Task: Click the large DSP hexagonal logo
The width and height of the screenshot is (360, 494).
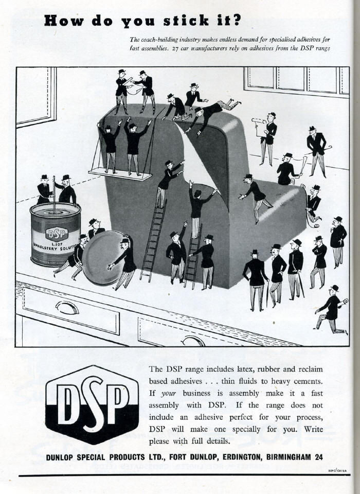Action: click(x=92, y=404)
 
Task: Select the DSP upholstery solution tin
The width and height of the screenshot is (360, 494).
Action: click(x=55, y=235)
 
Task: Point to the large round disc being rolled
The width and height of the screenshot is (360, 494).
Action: click(x=103, y=257)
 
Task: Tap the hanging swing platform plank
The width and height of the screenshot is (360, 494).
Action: click(x=120, y=175)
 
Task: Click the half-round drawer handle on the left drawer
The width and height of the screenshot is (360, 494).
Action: click(x=67, y=307)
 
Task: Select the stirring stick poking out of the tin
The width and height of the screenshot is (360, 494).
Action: click(x=53, y=191)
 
